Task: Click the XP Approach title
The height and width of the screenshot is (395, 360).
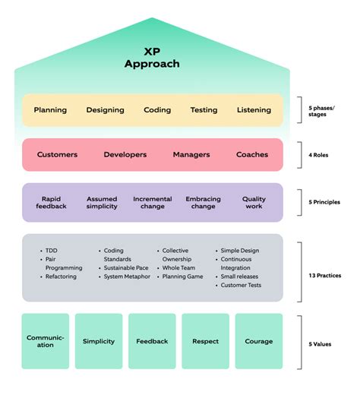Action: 152,58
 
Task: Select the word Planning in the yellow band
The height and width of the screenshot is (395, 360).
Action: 50,110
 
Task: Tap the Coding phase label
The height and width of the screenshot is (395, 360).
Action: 157,110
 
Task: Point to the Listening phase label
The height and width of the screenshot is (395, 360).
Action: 254,110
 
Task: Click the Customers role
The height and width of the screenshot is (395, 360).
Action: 57,154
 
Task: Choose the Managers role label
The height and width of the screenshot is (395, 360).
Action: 191,154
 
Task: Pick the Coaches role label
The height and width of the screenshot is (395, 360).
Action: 252,154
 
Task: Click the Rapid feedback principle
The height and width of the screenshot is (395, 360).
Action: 52,203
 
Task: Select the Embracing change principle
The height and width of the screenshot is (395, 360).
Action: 203,203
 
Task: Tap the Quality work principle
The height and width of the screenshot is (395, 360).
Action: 254,203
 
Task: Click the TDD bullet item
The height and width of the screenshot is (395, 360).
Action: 51,250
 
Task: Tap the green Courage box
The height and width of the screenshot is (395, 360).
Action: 258,341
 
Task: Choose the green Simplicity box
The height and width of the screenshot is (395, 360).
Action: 98,341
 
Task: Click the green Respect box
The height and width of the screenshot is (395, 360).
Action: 205,341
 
